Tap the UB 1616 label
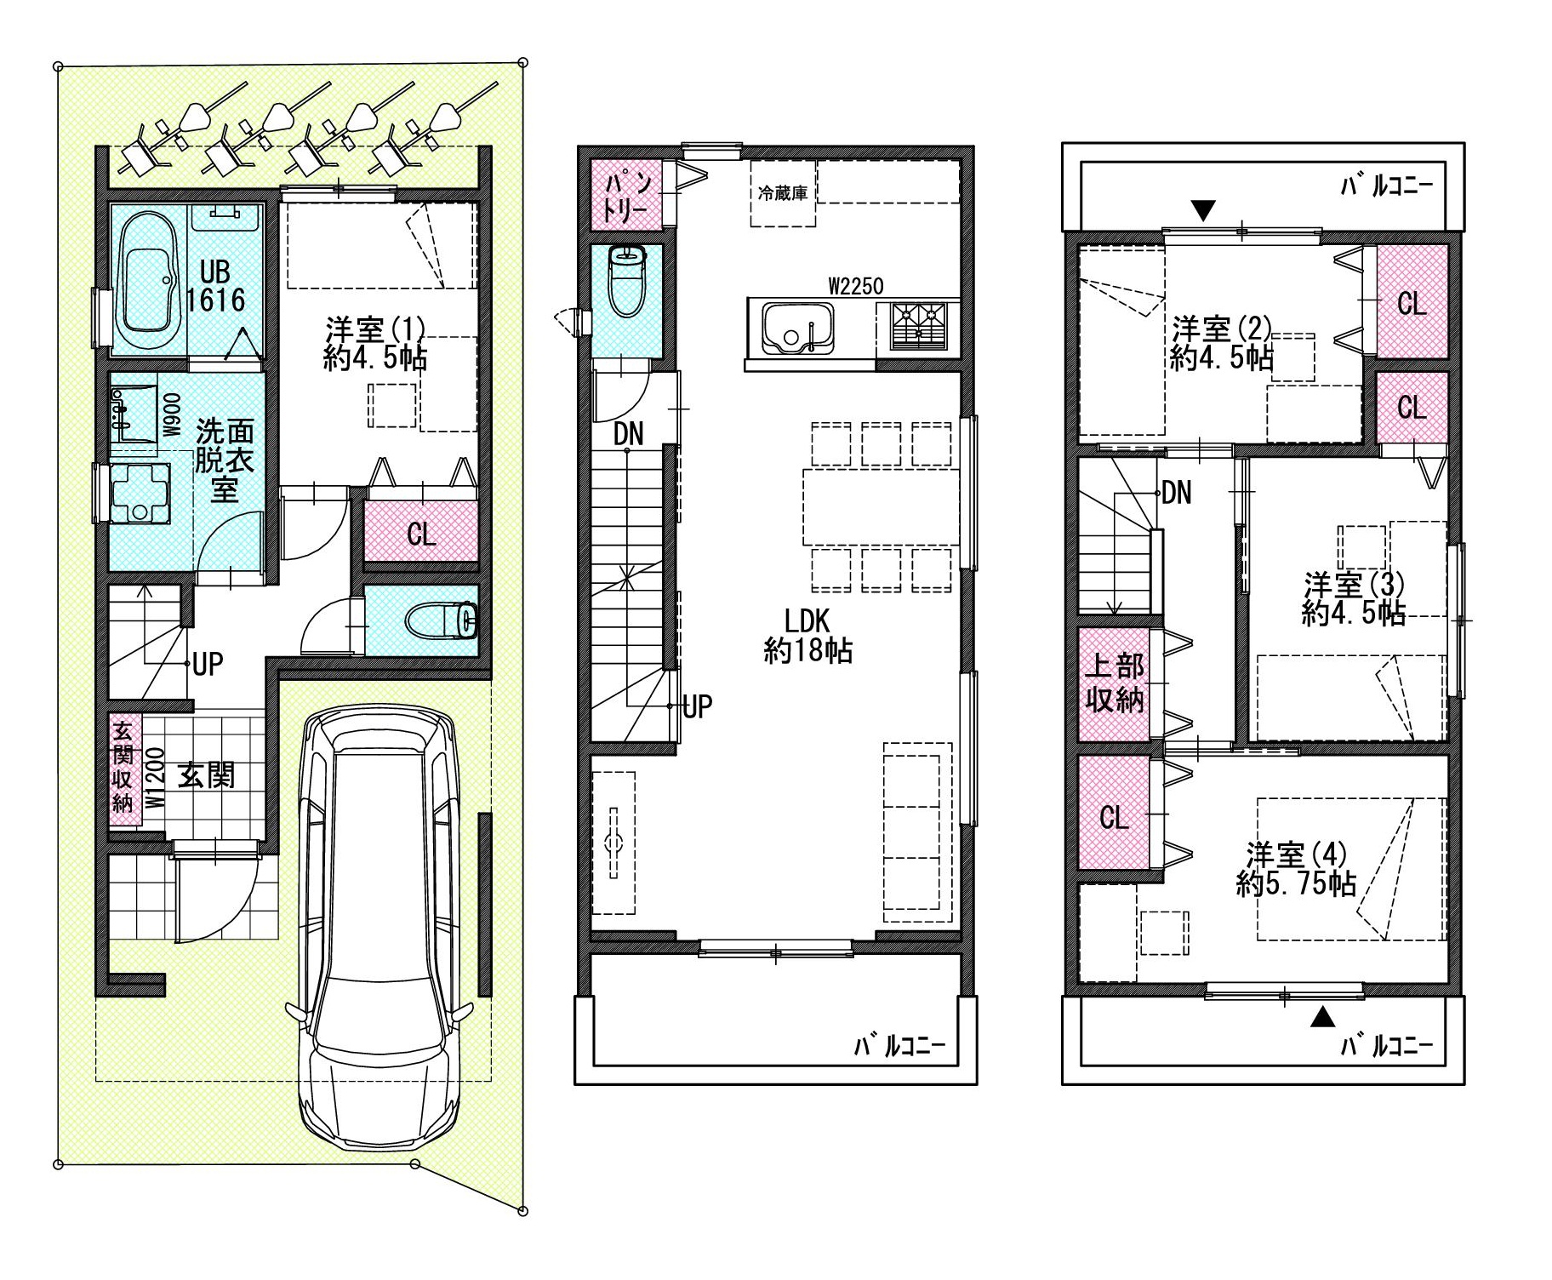(x=215, y=286)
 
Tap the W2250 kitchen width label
(x=856, y=286)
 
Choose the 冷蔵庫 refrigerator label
(x=782, y=194)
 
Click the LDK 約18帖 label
(x=807, y=635)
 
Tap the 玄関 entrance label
(x=206, y=775)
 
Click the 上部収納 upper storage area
(x=1115, y=683)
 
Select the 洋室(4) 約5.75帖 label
(x=1296, y=868)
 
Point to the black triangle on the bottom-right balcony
(x=1321, y=1017)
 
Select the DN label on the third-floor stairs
(x=1177, y=492)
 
